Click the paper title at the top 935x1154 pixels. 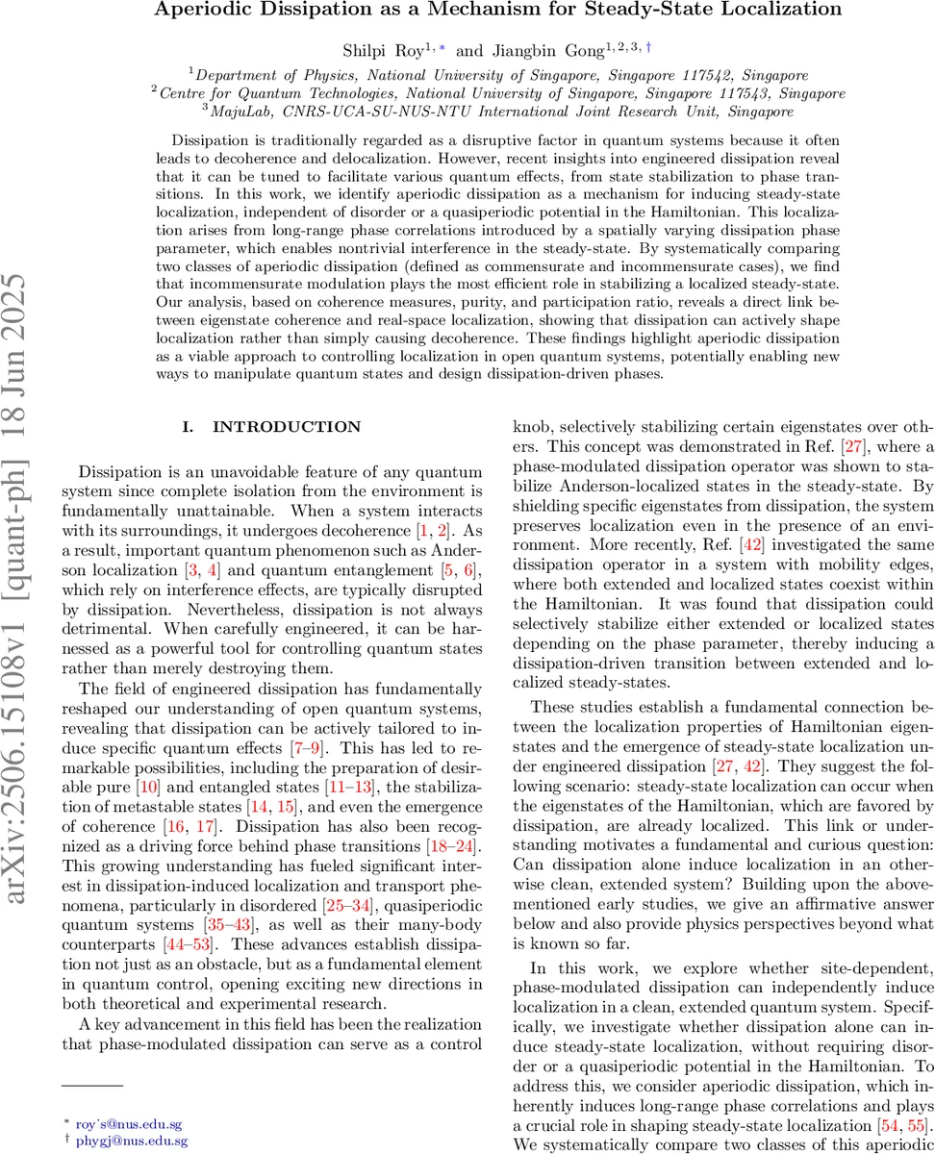click(500, 11)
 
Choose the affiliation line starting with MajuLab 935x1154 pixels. click(500, 112)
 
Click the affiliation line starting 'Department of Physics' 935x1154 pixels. click(500, 74)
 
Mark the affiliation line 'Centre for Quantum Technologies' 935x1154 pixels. click(500, 93)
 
